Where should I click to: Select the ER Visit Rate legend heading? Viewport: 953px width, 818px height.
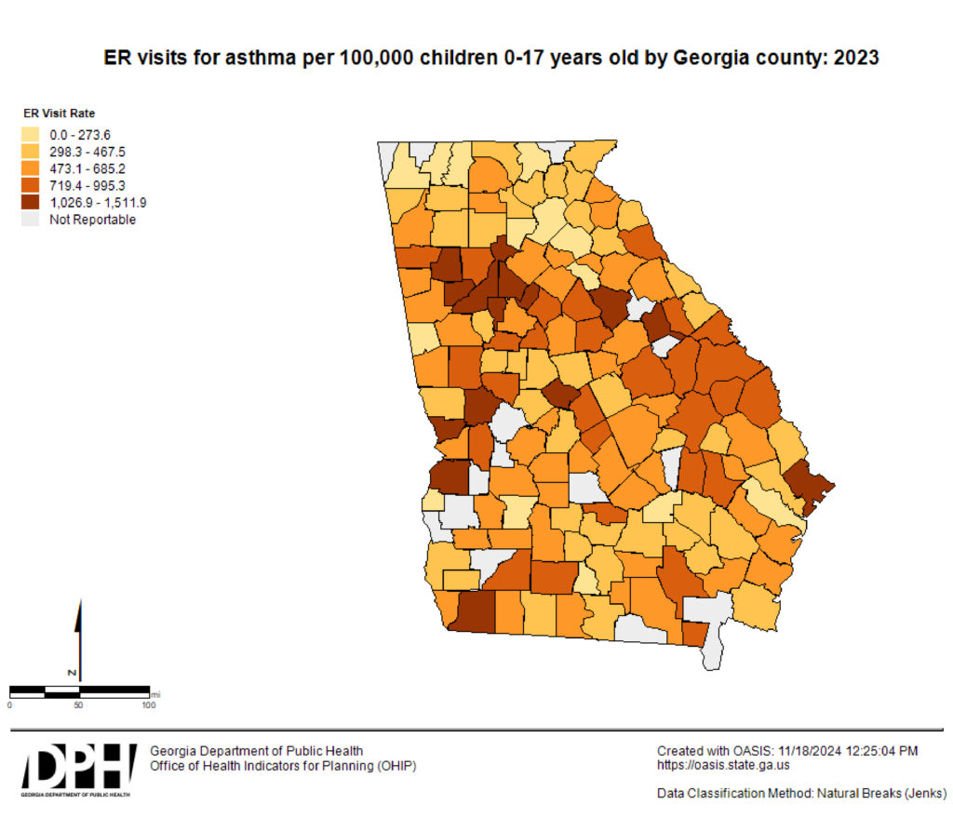coord(60,114)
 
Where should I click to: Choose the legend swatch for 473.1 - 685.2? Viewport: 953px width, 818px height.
coord(32,168)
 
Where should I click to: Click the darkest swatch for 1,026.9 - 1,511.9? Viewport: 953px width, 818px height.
coord(32,202)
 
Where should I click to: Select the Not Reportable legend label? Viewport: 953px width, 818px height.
coord(92,220)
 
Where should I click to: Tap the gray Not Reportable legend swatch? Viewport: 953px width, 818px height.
coord(32,220)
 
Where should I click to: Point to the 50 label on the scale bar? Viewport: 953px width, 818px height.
coord(78,705)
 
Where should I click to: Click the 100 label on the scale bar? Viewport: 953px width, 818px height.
coord(148,705)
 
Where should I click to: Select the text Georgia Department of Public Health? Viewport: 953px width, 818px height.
coord(257,751)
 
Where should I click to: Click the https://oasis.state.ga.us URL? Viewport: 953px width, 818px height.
coord(723,766)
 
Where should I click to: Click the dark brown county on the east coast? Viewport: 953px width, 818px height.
coord(806,485)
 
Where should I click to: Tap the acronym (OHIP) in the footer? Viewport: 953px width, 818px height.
coord(393,766)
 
